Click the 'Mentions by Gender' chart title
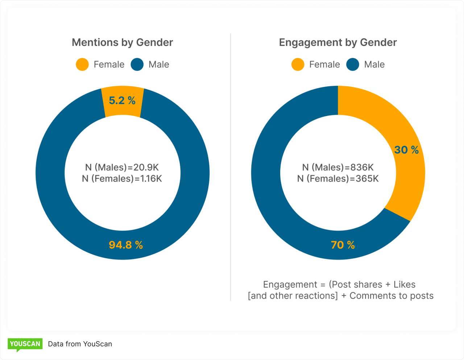(x=122, y=42)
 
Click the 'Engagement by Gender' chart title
(x=337, y=42)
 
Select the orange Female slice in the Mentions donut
(x=123, y=109)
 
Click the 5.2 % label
(x=122, y=100)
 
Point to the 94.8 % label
(x=126, y=245)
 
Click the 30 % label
(x=406, y=150)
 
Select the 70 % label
(x=343, y=245)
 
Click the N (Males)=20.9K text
(x=122, y=167)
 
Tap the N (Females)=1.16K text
(x=122, y=178)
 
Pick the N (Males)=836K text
(x=338, y=167)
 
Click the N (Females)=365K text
(x=338, y=178)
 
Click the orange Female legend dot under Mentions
(x=82, y=65)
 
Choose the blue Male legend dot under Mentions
(x=137, y=65)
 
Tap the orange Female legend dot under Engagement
(x=298, y=65)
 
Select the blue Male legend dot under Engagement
(x=353, y=65)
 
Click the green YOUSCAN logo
(x=25, y=344)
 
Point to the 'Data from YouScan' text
(x=80, y=344)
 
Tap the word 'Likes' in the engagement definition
(x=405, y=285)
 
